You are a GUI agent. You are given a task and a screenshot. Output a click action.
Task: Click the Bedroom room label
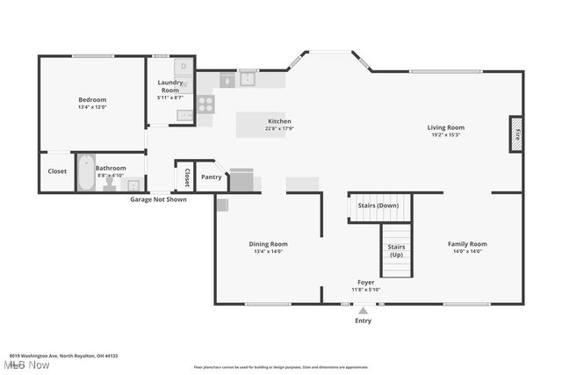(x=92, y=100)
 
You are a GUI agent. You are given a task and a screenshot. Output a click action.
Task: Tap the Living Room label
(x=446, y=127)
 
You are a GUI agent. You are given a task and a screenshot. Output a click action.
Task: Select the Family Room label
(x=467, y=244)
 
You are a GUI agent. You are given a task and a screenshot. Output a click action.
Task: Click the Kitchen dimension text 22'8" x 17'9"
(x=279, y=129)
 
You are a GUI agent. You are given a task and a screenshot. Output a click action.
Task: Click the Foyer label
(x=366, y=283)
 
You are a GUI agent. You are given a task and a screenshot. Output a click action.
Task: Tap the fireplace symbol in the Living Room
(x=516, y=133)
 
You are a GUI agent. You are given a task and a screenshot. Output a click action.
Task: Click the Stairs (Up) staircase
(x=396, y=250)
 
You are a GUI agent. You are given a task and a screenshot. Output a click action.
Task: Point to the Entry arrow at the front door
(x=363, y=309)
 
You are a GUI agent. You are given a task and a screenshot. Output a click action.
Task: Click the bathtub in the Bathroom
(x=85, y=173)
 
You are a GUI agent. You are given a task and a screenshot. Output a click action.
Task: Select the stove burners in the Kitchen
(x=205, y=104)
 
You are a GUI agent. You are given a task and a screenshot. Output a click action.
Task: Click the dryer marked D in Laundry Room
(x=184, y=66)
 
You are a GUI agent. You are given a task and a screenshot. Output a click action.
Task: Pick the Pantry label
(x=212, y=177)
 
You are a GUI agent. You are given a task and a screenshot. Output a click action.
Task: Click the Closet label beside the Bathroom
(x=57, y=172)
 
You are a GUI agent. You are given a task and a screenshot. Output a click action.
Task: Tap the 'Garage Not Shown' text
(x=158, y=199)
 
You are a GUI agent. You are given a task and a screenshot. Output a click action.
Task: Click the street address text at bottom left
(x=63, y=356)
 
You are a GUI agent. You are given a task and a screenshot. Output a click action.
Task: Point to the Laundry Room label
(x=169, y=86)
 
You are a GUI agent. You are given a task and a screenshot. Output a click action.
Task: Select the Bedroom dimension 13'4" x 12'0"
(x=92, y=107)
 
